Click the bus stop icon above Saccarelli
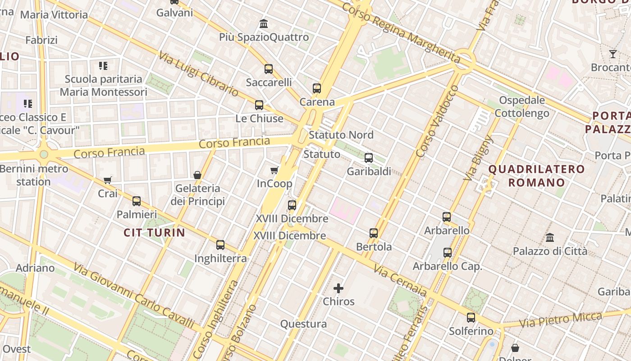point(269,69)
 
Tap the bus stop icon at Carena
point(317,88)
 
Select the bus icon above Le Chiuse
point(259,105)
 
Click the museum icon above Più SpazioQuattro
point(264,23)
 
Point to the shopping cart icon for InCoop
point(274,170)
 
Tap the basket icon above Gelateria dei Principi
point(197,175)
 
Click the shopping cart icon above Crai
point(108,180)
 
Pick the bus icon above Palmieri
point(137,201)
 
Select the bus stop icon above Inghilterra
point(220,245)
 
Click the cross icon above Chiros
point(338,288)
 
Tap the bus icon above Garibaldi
point(369,158)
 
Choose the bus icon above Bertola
point(374,233)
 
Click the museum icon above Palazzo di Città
point(550,237)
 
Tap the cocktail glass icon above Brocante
point(613,54)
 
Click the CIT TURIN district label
point(155,233)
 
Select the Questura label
point(303,324)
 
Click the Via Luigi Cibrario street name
point(198,74)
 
